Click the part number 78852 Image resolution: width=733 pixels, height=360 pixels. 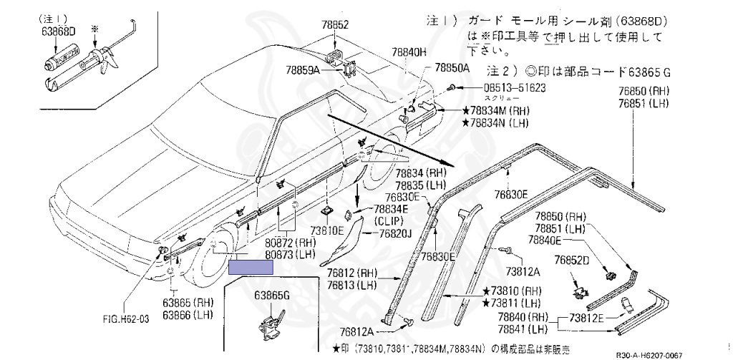(x=334, y=24)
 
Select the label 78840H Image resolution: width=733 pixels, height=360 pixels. (x=409, y=52)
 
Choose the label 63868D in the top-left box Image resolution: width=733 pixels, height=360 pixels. (x=58, y=31)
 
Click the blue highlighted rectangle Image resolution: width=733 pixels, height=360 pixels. (x=251, y=268)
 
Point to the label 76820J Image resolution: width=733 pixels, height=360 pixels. (x=395, y=233)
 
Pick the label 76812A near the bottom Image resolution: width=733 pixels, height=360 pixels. (x=356, y=331)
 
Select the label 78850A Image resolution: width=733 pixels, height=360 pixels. (x=451, y=68)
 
